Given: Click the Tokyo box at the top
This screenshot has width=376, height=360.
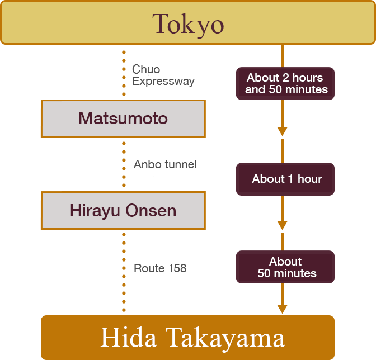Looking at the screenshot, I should [188, 23].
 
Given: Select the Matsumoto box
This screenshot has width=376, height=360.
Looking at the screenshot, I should [123, 119].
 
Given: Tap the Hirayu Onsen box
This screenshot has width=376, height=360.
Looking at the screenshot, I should [123, 211].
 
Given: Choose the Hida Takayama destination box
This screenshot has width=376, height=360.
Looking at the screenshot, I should [188, 338].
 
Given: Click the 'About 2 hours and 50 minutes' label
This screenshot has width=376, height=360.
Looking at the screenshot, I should [285, 84].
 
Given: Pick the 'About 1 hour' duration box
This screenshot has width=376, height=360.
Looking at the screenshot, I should [285, 179].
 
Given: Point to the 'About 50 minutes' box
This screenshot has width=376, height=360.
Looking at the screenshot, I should [285, 267].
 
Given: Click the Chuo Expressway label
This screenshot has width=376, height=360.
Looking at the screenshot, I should [163, 75].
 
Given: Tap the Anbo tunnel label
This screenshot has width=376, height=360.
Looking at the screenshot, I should [165, 164].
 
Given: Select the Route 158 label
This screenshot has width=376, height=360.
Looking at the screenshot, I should [160, 269].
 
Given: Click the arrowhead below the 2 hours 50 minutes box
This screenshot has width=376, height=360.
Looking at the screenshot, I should [283, 131].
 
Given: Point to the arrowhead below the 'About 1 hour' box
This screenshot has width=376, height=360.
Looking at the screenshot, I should [283, 225].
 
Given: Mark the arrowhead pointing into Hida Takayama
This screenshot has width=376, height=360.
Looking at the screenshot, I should [283, 309].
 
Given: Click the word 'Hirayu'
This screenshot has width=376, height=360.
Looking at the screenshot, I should [94, 211].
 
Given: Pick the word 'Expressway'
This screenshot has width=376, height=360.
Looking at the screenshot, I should [163, 82].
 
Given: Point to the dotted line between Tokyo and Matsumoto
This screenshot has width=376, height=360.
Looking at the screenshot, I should [124, 73].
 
